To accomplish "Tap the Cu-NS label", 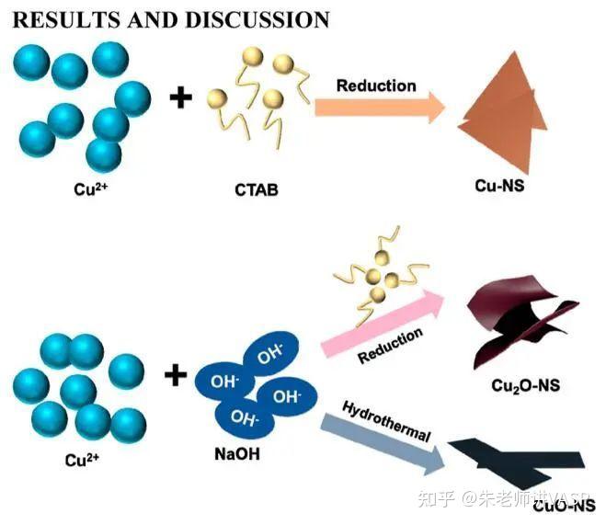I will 499,186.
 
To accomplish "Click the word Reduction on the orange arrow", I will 375,86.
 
